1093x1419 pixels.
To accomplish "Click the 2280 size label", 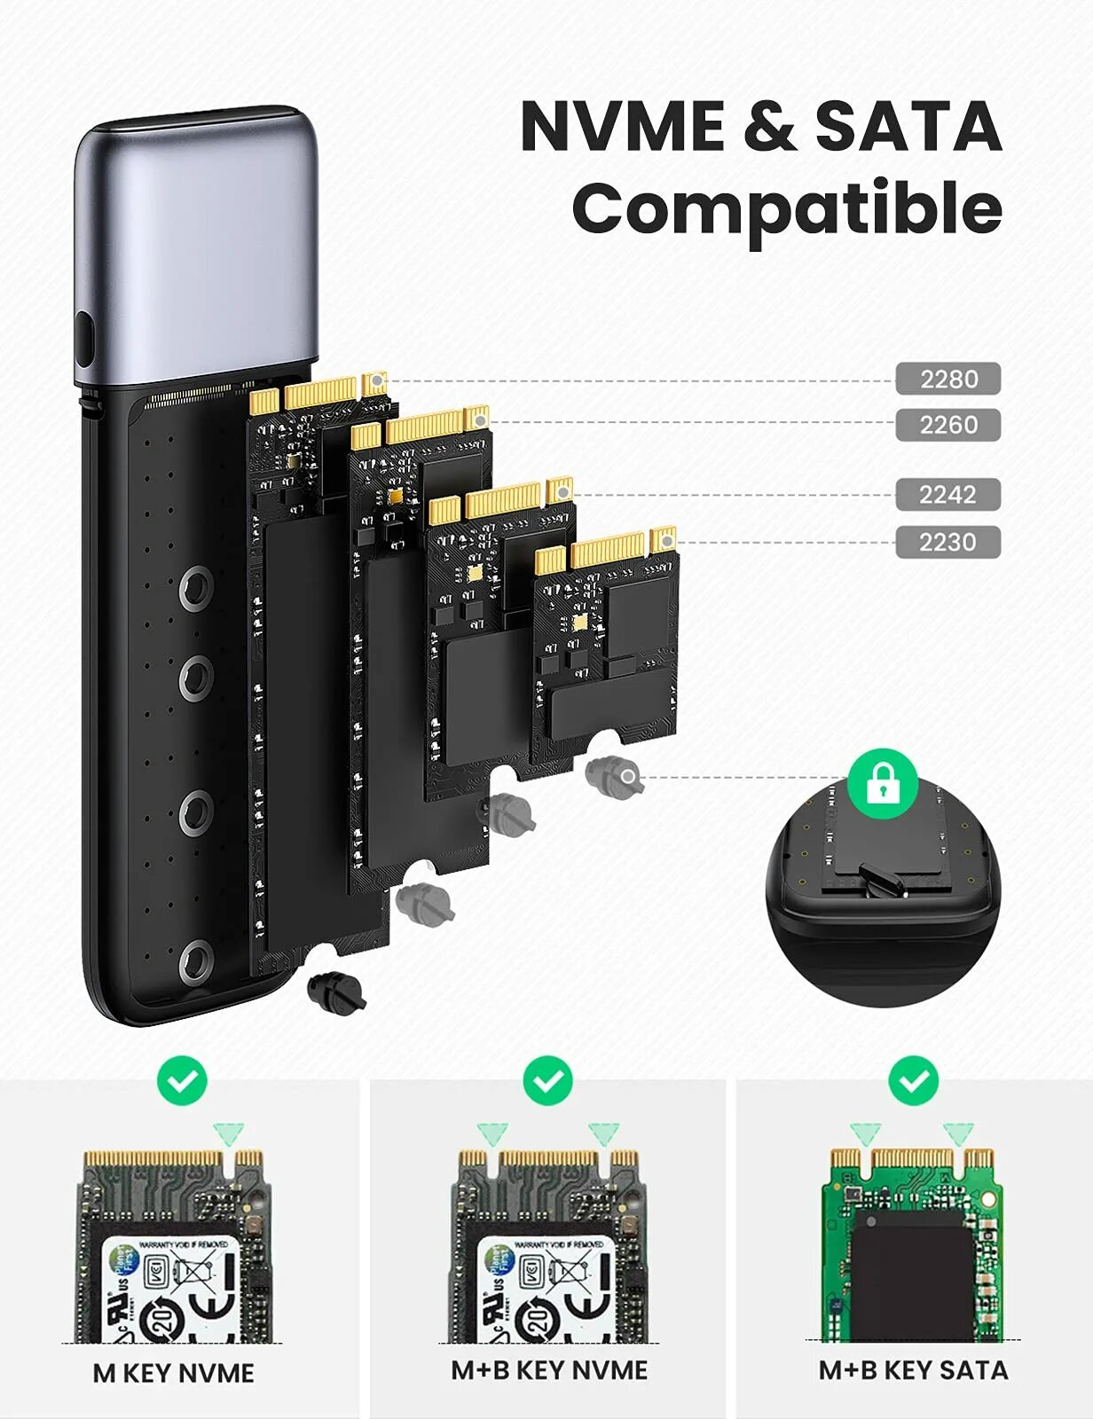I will click(948, 379).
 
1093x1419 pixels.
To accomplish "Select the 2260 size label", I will click(948, 425).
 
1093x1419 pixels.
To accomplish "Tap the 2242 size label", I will click(948, 494).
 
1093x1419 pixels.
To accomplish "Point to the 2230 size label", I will click(948, 542).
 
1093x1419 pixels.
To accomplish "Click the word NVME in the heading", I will click(622, 126).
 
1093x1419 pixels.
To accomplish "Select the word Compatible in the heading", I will click(787, 208).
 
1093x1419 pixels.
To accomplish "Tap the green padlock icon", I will click(882, 782).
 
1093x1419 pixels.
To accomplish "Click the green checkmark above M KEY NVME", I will click(182, 1081).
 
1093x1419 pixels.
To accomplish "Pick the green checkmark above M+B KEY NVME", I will click(547, 1081).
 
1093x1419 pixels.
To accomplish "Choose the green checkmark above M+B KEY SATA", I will click(913, 1081).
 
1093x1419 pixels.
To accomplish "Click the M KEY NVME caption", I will click(173, 1373).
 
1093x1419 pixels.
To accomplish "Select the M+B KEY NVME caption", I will click(549, 1370).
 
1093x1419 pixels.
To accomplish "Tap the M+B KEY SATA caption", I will click(913, 1370).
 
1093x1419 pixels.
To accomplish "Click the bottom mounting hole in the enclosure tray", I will click(196, 963).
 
